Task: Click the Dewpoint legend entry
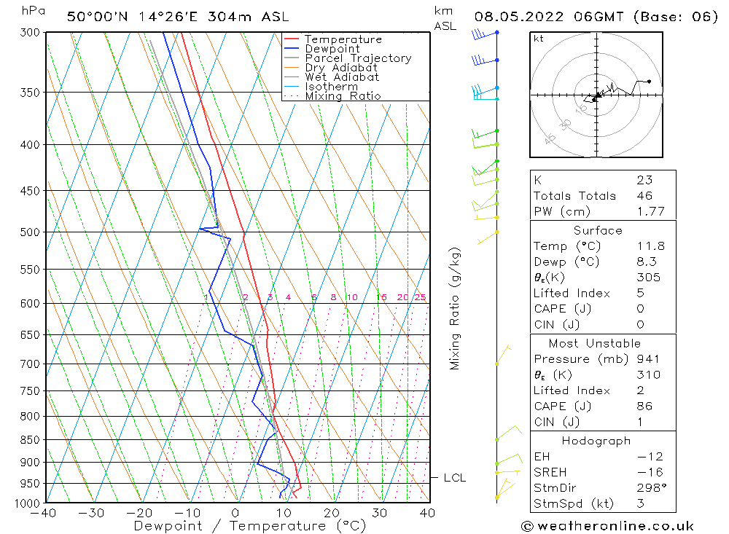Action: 332,49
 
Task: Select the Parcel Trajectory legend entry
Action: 358,58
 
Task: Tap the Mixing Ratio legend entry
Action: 343,96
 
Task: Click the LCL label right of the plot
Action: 455,478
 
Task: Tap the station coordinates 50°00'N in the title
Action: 98,17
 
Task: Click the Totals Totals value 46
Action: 644,195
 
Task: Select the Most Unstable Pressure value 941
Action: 648,358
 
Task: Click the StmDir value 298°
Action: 649,488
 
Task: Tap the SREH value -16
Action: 650,472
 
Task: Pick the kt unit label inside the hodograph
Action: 539,39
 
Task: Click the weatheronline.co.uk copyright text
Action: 607,525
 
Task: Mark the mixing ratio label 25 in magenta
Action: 420,297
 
